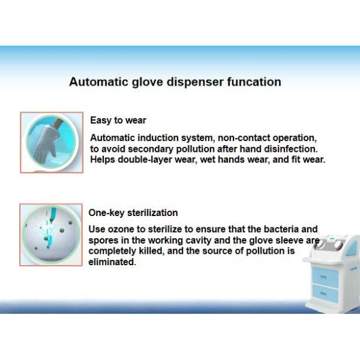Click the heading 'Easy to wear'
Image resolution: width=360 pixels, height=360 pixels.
click(x=118, y=121)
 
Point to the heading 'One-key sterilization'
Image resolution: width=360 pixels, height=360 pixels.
click(x=133, y=212)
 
